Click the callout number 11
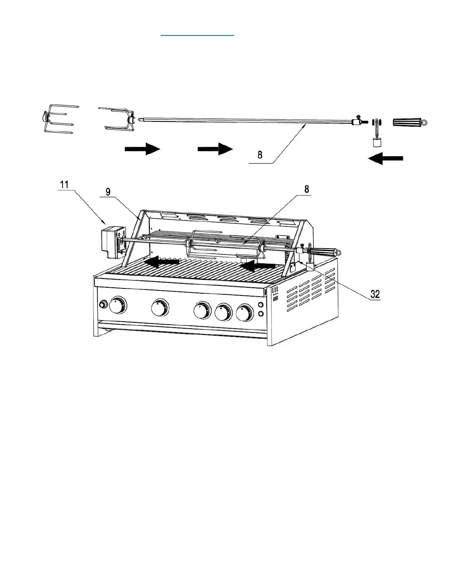click(64, 184)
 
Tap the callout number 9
click(108, 192)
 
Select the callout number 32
click(375, 294)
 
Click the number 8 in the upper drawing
click(260, 155)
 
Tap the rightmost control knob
click(245, 312)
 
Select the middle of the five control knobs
click(202, 310)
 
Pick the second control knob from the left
click(160, 307)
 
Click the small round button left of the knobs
click(103, 305)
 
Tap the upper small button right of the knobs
click(261, 305)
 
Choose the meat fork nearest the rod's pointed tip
click(118, 119)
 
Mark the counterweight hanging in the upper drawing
click(376, 143)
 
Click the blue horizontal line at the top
click(198, 35)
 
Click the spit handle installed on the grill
click(323, 252)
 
